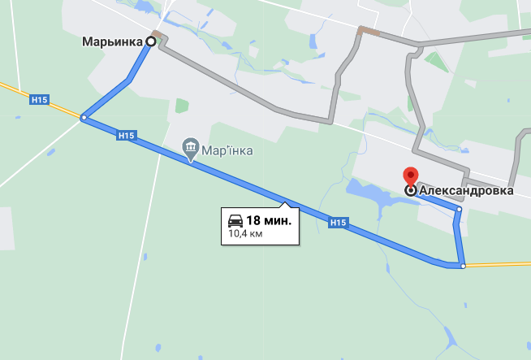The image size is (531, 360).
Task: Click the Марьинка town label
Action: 113,41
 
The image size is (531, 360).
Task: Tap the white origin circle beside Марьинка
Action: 151,41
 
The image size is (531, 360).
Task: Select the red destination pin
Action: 411,176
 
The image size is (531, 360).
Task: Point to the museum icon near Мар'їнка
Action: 191,147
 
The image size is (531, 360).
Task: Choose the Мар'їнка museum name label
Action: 228,150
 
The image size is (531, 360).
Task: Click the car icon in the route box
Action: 235,220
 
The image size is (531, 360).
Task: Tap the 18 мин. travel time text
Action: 269,220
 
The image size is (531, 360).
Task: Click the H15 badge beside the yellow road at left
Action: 39,99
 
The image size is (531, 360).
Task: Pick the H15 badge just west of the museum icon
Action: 126,136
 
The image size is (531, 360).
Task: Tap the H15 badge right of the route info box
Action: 339,222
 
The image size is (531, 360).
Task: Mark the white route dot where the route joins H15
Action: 84,119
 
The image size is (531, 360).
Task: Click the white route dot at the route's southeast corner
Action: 462,265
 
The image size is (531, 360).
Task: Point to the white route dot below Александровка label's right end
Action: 459,210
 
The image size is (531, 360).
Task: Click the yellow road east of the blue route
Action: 499,263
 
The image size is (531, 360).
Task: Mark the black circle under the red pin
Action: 411,190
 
